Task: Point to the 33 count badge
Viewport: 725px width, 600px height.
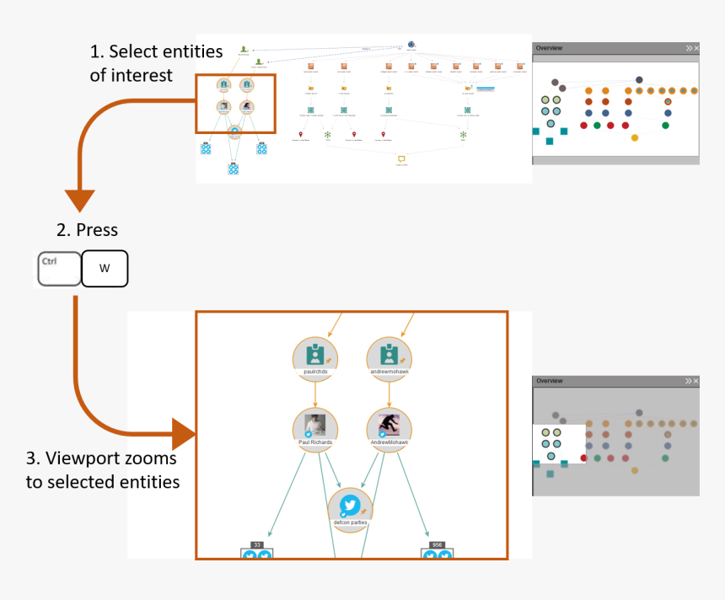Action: [256, 545]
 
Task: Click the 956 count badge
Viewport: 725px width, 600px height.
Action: [437, 545]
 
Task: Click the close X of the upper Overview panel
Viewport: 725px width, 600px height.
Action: [696, 49]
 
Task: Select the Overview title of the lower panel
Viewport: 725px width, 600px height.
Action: [550, 381]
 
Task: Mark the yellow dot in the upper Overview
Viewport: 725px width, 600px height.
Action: [635, 137]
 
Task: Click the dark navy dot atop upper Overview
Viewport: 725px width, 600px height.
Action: [639, 80]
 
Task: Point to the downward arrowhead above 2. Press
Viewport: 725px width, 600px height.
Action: [80, 200]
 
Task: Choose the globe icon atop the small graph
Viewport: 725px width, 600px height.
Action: [411, 45]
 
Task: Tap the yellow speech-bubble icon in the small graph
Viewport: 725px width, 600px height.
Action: [401, 158]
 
